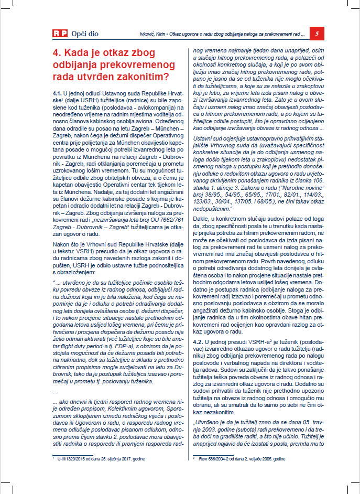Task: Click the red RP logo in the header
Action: (60, 34)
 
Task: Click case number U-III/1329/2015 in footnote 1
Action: (74, 459)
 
